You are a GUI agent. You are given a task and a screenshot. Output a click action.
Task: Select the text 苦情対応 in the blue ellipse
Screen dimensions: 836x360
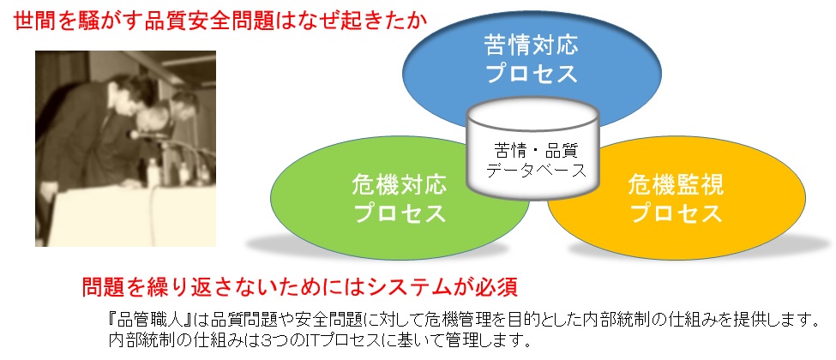tap(532, 45)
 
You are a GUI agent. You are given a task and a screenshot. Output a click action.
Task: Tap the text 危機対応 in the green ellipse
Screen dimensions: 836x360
tap(400, 187)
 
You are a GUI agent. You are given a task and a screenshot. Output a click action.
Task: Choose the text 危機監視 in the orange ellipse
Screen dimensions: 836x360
tap(676, 186)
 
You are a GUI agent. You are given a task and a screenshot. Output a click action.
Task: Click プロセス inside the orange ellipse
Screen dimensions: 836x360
tap(676, 213)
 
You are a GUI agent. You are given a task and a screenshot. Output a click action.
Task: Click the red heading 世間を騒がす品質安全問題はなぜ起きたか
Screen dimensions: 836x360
tap(220, 21)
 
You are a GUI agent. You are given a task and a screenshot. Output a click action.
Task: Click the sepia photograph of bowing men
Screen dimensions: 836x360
tap(125, 148)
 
